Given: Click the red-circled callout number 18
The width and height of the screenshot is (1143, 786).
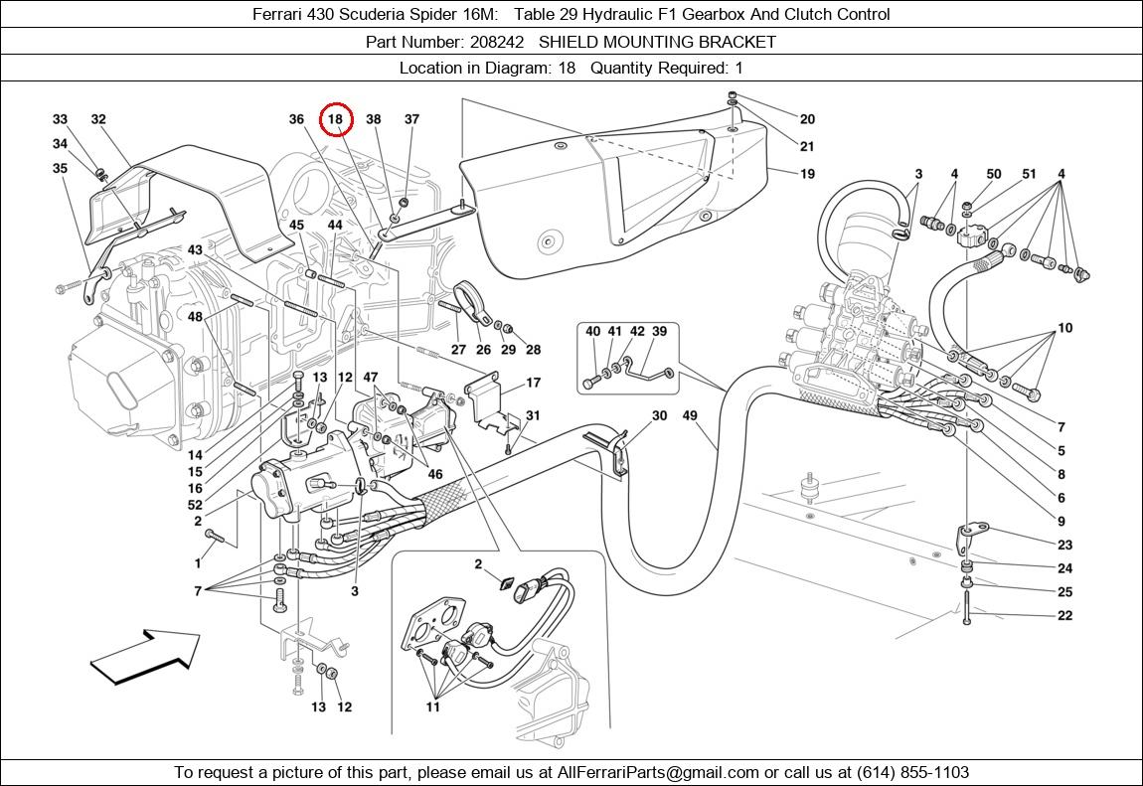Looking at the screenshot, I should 336,119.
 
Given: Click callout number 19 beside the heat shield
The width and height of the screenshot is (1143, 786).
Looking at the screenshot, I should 806,174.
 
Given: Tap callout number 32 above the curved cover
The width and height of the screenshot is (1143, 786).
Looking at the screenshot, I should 98,119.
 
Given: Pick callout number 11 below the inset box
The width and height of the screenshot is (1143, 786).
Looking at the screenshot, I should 433,707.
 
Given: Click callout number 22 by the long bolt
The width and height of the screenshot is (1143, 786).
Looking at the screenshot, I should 1064,616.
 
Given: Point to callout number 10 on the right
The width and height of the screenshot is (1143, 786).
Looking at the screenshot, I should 1064,328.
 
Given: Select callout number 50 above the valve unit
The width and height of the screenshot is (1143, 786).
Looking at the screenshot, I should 993,174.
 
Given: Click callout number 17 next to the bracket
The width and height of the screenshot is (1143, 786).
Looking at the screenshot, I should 533,383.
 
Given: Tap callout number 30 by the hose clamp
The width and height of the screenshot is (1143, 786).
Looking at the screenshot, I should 659,416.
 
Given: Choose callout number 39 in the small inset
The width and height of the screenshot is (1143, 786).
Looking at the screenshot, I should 659,331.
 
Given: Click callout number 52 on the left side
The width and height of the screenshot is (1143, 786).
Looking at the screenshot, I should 195,506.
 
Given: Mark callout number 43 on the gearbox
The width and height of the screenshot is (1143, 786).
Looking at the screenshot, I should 195,249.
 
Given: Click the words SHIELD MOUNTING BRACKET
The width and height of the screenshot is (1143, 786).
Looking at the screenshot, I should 657,42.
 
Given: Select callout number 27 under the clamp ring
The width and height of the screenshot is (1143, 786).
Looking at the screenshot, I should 458,350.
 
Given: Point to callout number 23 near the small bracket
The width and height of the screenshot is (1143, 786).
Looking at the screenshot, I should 1064,545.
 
